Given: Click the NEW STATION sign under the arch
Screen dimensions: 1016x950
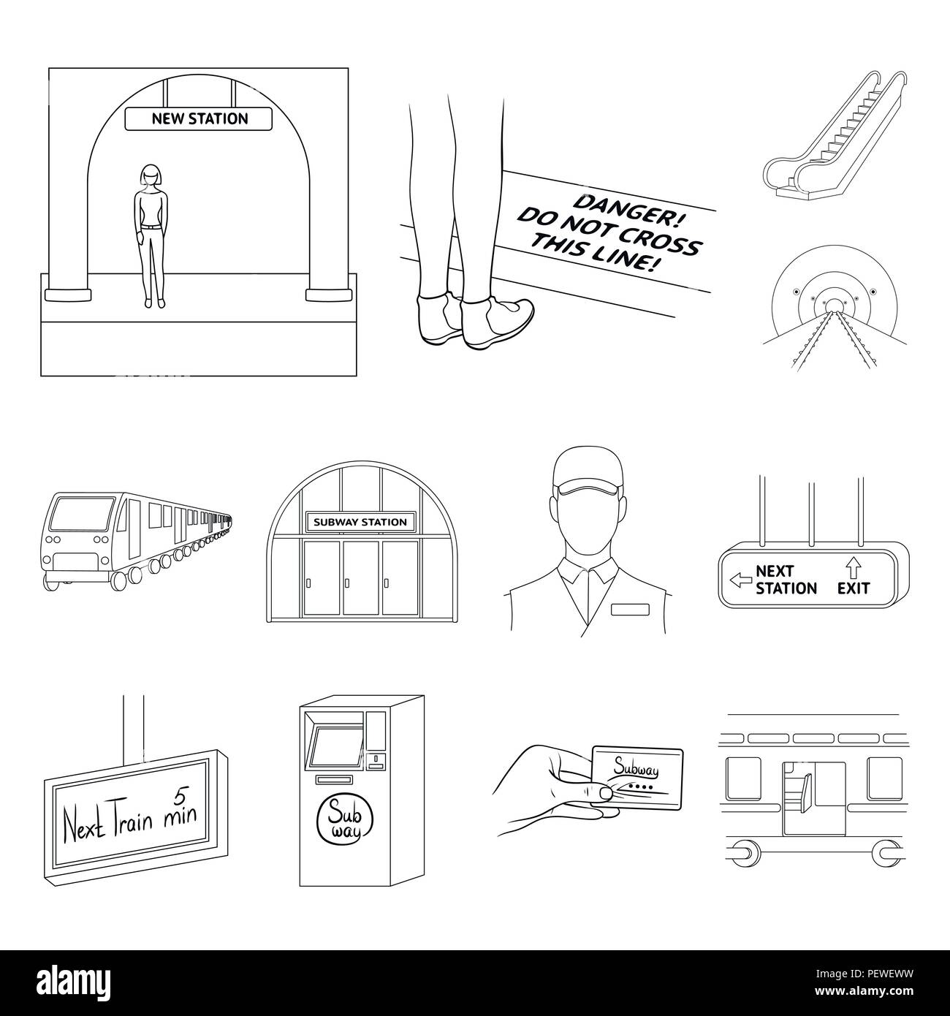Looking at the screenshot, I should pos(199,118).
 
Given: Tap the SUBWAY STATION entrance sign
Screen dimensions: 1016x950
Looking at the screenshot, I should pos(360,522).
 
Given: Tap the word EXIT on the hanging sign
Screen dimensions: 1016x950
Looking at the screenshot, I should pos(853,588).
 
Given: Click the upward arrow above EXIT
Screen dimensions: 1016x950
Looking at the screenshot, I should pos(853,566).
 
